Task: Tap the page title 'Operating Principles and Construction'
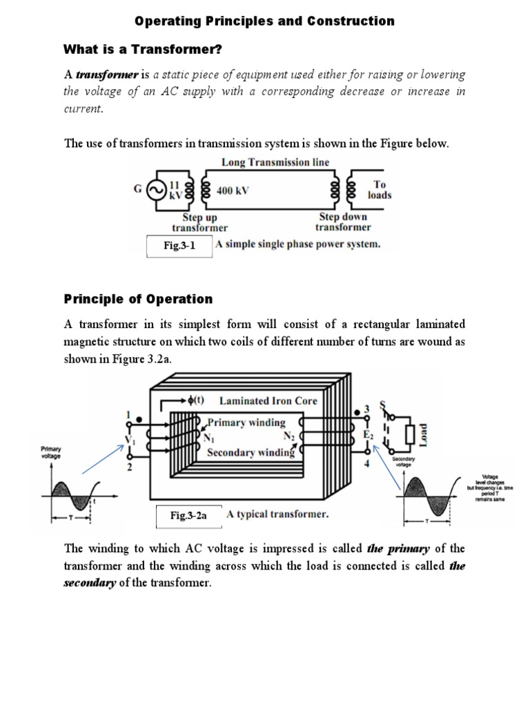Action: point(265,21)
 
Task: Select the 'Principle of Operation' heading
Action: point(138,299)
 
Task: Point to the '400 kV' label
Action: point(232,190)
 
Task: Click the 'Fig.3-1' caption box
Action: point(179,246)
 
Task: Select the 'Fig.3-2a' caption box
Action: point(188,515)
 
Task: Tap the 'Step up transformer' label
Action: point(199,222)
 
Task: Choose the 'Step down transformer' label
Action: point(342,222)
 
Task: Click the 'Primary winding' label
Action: point(246,422)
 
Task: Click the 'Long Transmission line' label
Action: point(275,162)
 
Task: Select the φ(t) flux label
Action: point(196,400)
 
